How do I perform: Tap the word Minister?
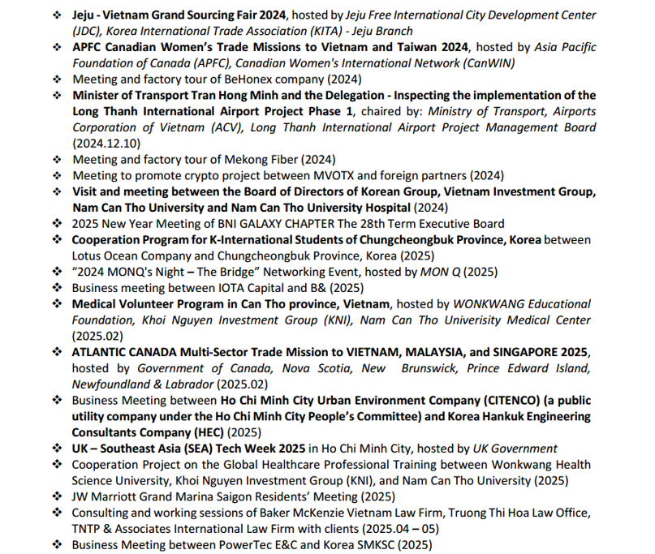click(x=97, y=96)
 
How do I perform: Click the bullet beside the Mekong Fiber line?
click(x=57, y=160)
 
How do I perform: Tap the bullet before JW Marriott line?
click(x=57, y=496)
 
